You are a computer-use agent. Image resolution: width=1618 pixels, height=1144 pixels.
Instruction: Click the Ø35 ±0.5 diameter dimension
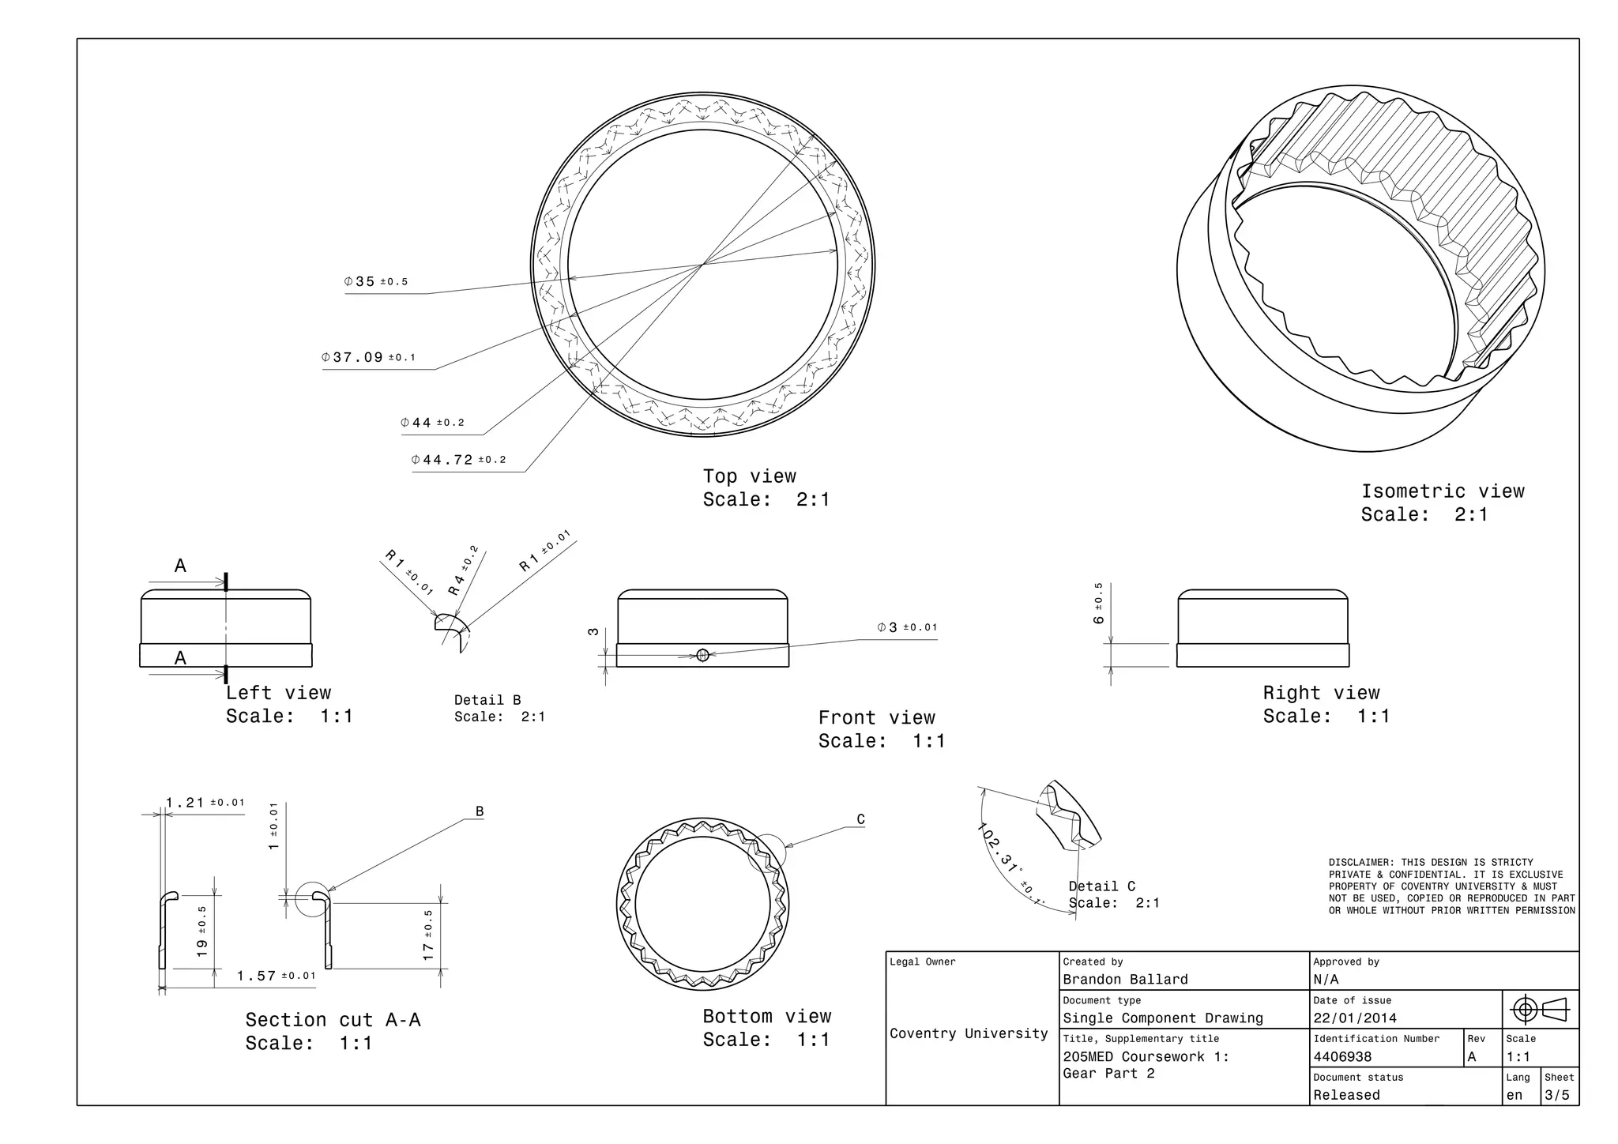coord(376,282)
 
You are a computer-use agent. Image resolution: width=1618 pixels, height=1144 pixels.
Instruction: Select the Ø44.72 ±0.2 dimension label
coord(458,460)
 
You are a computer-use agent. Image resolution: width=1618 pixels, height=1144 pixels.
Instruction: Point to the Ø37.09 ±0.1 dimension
coord(368,357)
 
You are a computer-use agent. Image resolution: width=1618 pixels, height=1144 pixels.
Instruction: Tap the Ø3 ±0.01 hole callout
coord(907,627)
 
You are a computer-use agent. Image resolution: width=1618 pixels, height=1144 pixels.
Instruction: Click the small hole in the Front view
coord(702,654)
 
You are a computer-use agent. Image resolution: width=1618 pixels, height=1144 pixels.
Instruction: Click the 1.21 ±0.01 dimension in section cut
coord(205,803)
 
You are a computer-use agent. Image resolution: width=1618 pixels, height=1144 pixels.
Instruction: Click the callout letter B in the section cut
coord(480,811)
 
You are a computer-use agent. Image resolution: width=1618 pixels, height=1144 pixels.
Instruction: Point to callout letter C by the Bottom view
coord(861,820)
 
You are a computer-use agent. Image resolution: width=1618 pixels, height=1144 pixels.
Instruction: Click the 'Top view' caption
coord(749,476)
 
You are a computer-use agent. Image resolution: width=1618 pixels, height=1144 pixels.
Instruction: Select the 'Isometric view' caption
coord(1442,491)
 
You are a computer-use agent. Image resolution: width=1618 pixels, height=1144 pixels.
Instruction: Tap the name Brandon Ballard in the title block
coord(1125,980)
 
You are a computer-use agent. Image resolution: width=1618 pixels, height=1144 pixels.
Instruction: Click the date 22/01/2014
coord(1354,1018)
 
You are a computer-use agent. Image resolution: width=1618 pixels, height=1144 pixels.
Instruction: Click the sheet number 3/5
coord(1557,1095)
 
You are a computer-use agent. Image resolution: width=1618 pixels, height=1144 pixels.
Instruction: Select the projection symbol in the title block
coord(1540,1009)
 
